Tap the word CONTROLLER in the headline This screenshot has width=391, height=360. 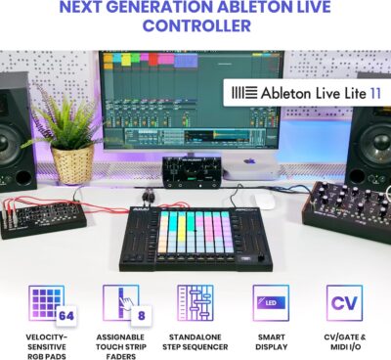(195, 25)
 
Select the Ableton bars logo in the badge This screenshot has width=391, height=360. (240, 94)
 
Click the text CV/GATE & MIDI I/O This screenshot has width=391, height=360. (344, 341)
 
